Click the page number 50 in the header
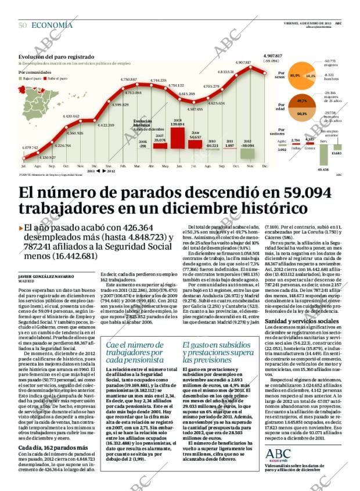[23, 25]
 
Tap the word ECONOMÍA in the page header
[52, 25]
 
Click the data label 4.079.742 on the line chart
[30, 147]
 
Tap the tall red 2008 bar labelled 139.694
[178, 137]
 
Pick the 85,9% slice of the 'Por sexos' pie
[294, 75]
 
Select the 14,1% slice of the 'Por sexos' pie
[311, 75]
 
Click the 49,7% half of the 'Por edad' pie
[301, 101]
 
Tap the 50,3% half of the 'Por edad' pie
[301, 114]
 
